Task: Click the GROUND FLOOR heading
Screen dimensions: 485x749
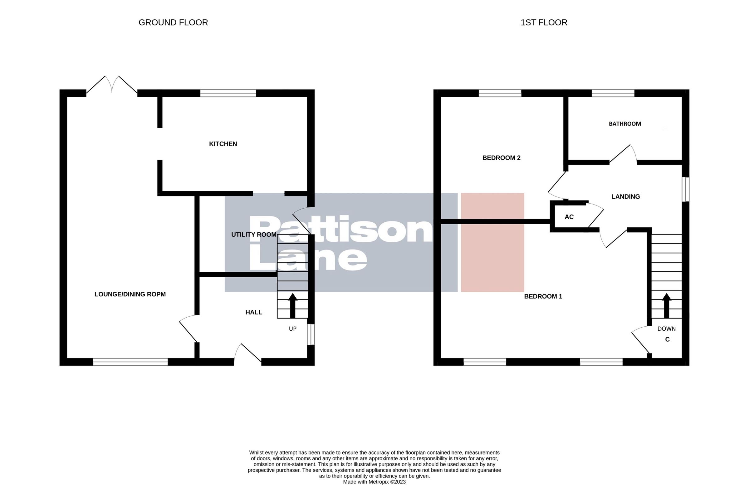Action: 173,23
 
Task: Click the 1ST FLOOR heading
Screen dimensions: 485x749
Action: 544,23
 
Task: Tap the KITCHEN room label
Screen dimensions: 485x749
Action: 223,144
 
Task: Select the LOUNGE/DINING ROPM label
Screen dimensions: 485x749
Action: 130,294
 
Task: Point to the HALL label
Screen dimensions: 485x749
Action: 254,312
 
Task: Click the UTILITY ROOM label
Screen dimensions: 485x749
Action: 254,235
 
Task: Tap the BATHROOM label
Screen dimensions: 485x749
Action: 625,124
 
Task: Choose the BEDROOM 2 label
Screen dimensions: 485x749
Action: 501,158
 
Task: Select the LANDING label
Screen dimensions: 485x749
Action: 625,196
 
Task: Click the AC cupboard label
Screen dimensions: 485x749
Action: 569,217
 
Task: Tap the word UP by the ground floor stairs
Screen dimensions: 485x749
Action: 293,329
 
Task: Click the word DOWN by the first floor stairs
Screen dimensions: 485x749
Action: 666,329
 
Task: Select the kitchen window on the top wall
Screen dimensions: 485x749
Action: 228,93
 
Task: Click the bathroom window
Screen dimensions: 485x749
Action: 613,93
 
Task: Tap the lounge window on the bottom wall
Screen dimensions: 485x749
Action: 130,362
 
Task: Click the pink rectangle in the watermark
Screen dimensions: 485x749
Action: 492,242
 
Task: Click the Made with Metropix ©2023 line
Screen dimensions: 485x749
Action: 374,482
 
